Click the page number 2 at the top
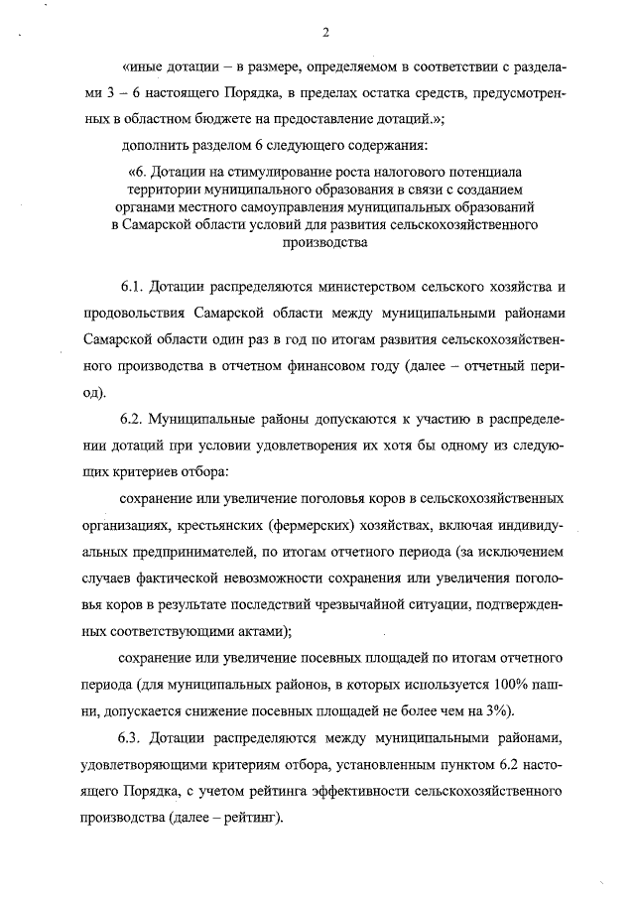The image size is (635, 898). point(324,34)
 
